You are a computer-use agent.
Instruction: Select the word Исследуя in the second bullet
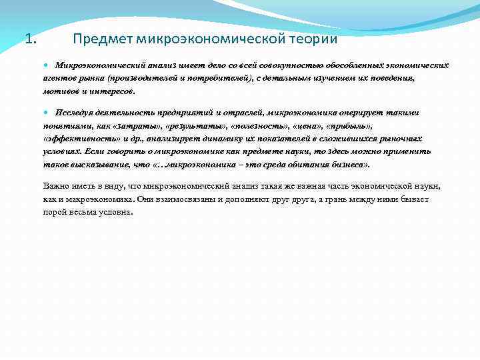(73, 113)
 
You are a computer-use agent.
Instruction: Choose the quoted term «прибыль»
(349, 125)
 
